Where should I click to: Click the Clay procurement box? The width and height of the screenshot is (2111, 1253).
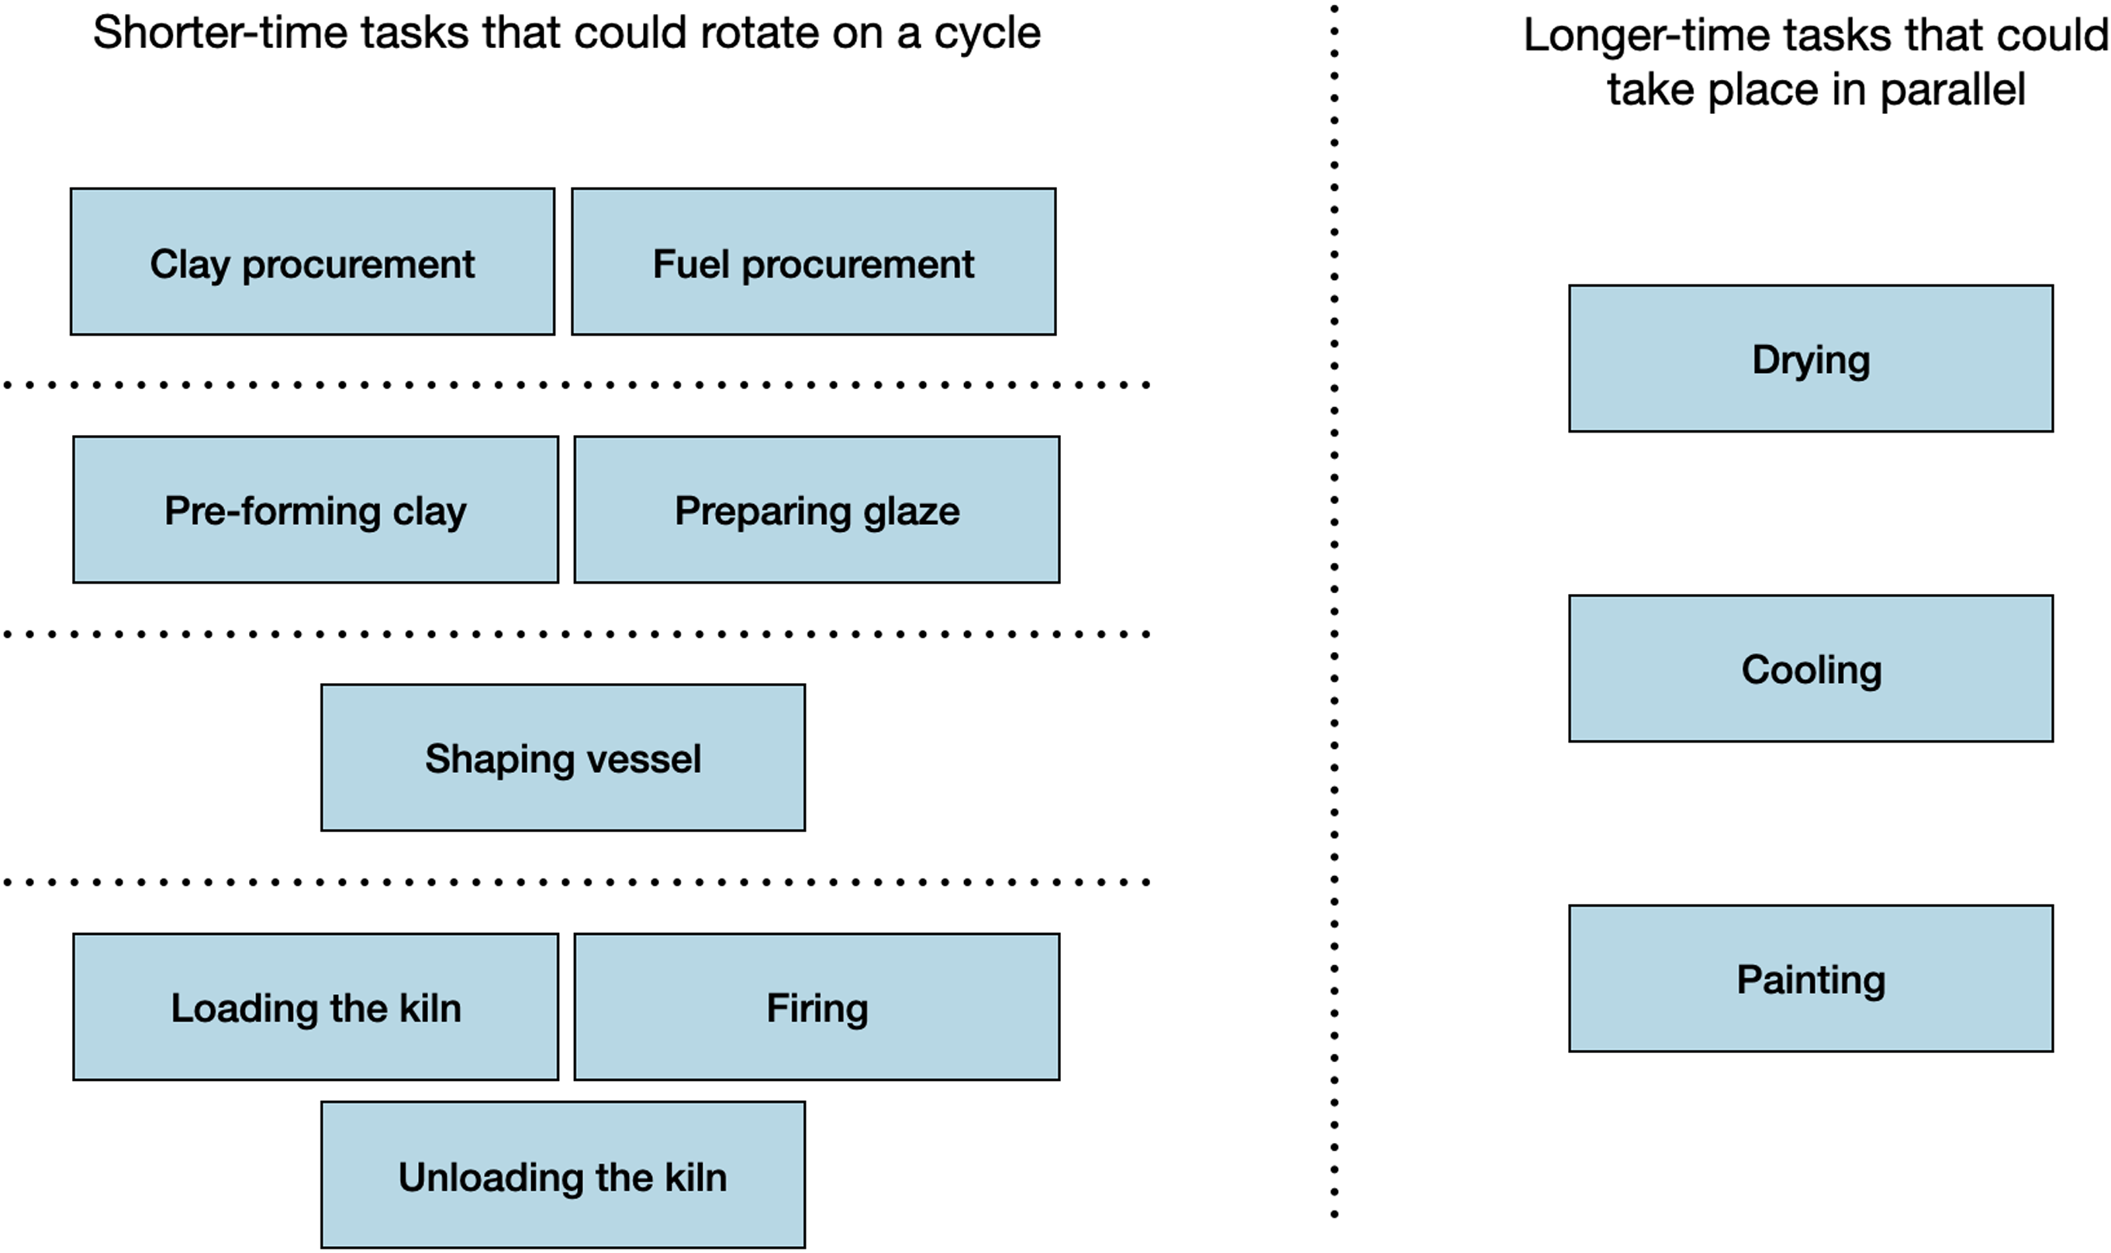tap(313, 262)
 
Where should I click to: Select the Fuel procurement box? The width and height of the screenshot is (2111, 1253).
tap(814, 262)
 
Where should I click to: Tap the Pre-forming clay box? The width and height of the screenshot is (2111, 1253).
tap(315, 509)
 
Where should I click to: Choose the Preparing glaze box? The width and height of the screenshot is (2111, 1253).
tap(817, 509)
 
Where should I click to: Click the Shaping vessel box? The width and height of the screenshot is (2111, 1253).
tap(562, 758)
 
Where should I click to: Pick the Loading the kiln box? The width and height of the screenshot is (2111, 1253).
tap(315, 1006)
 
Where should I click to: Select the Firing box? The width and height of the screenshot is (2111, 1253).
tap(817, 1006)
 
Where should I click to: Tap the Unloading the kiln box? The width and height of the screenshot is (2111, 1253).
tap(562, 1175)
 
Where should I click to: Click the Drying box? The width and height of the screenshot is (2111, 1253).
tap(1810, 359)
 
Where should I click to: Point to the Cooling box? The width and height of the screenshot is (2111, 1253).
tap(1810, 668)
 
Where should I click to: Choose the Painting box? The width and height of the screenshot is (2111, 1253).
tap(1810, 979)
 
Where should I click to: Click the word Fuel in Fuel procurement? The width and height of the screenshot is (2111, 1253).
tap(691, 264)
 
